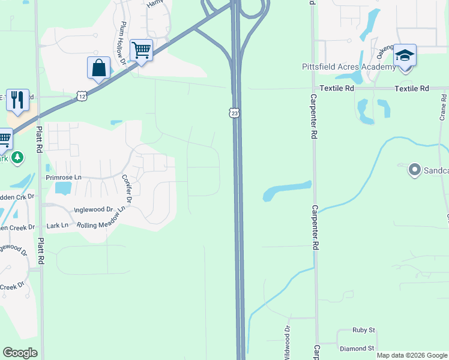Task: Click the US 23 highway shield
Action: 235,112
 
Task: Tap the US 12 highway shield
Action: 82,95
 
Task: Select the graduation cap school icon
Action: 405,56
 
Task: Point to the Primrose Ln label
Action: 64,178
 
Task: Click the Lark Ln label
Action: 58,226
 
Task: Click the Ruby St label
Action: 364,330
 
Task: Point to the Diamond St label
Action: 357,348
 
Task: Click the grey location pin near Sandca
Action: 414,170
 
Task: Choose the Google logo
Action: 20,353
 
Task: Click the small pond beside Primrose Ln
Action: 62,188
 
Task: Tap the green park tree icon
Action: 17,157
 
